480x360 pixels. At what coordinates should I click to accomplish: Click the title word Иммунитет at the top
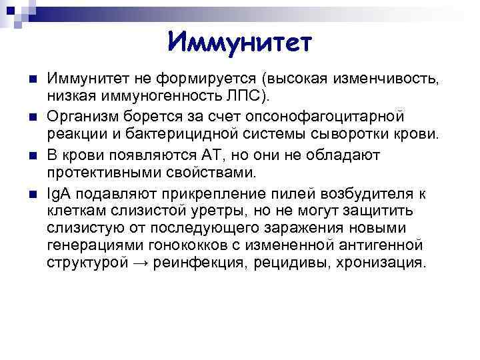point(239,43)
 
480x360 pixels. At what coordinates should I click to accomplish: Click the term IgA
point(59,194)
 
